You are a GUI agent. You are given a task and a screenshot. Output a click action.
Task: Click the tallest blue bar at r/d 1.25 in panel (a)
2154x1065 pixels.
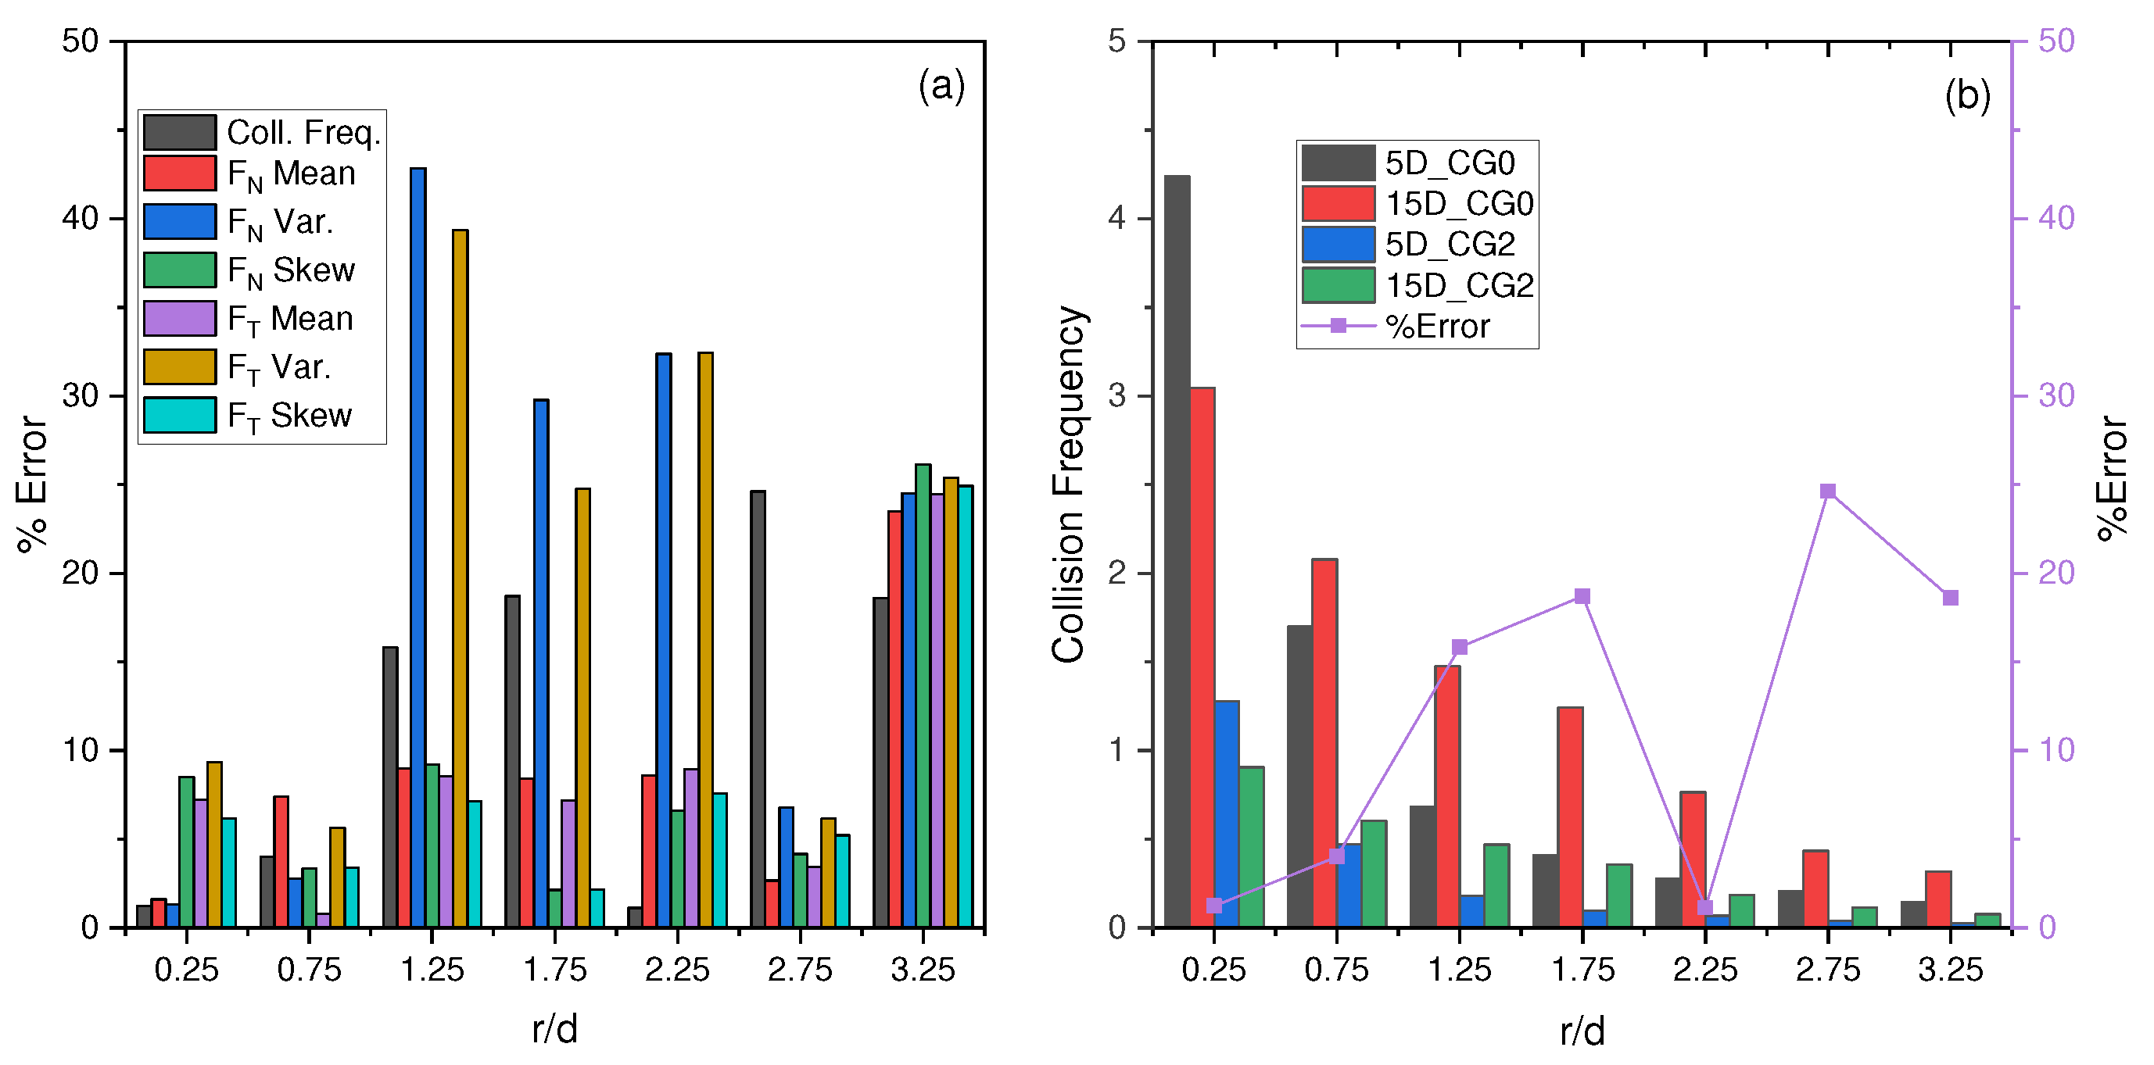tap(418, 548)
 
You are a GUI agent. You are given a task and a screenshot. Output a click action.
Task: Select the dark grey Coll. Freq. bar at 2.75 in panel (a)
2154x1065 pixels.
tap(758, 709)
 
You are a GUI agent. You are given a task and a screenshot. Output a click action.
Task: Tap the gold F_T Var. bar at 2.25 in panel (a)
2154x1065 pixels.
tap(706, 639)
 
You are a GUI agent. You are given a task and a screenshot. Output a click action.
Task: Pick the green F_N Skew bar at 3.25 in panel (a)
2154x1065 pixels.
tap(923, 695)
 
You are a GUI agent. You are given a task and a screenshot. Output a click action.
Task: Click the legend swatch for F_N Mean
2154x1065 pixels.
tap(180, 173)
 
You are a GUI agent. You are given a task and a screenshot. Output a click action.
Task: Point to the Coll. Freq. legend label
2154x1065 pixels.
tap(303, 132)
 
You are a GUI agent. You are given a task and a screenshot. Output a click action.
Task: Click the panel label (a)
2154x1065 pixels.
tap(941, 85)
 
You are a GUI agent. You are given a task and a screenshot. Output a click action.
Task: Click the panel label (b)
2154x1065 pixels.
tap(1966, 95)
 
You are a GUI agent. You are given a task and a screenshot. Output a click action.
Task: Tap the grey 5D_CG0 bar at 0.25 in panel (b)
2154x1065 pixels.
tap(1177, 552)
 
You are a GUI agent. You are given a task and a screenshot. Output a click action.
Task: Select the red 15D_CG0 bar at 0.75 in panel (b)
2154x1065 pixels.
tap(1324, 742)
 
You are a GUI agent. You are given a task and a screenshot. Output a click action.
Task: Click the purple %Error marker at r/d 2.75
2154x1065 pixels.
tap(1828, 491)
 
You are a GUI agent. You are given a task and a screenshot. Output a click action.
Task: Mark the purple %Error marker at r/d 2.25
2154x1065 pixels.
tap(1706, 908)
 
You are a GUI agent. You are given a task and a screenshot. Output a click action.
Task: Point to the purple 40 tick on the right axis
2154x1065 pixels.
tap(2056, 218)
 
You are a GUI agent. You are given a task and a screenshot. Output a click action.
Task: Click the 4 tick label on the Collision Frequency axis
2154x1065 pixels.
tap(1117, 218)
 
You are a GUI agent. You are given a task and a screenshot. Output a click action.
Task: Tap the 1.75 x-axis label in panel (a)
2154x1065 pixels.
tap(555, 970)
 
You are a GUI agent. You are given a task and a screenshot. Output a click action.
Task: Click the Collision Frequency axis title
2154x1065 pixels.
tap(1068, 485)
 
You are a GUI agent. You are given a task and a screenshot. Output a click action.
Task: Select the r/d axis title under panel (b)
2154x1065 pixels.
tap(1582, 1031)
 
